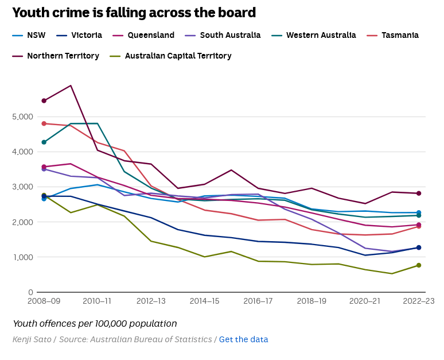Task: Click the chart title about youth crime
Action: coord(134,13)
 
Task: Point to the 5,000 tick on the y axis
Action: coord(22,117)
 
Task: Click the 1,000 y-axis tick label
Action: coord(22,257)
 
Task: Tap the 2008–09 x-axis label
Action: coord(44,301)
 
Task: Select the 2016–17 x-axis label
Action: coord(258,301)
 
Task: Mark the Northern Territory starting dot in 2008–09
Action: coord(44,100)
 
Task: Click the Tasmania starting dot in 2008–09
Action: coord(44,123)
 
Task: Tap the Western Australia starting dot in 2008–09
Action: coord(44,142)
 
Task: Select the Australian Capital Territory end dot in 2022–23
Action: coord(419,265)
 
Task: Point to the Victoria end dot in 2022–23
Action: coord(419,247)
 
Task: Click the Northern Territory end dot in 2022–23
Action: coord(419,193)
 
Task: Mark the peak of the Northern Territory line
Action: coord(71,86)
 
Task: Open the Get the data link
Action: coord(243,339)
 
